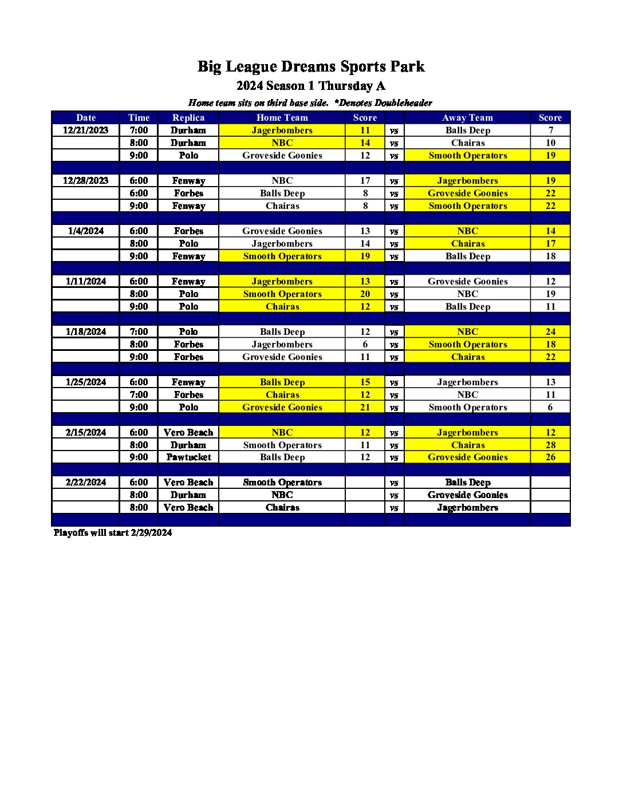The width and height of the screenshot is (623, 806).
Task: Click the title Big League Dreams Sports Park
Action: (311, 66)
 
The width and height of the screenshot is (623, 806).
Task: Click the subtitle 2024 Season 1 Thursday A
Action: (311, 86)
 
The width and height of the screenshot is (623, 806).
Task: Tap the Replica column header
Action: (188, 117)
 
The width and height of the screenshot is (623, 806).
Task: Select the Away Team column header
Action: (467, 117)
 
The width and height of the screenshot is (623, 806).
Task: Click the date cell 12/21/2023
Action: (86, 130)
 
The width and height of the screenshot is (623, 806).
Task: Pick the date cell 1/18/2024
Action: (86, 331)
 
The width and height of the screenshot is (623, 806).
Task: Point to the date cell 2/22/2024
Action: (86, 482)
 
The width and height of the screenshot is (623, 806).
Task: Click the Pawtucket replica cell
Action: (188, 457)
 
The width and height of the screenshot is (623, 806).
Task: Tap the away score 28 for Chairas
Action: (550, 445)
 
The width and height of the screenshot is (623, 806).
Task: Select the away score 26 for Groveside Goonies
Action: (550, 457)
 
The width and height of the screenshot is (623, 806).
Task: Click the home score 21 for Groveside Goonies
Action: (365, 407)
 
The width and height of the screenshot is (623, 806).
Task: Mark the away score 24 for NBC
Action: (550, 331)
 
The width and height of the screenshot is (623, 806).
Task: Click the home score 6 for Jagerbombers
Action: (365, 344)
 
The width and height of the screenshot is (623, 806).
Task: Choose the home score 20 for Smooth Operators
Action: (365, 294)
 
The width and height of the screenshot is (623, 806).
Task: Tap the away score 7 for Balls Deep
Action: (550, 130)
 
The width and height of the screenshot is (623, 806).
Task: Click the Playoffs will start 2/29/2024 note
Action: (113, 532)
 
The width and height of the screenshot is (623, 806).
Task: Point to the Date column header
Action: (86, 117)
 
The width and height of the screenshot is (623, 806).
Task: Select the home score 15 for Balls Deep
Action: (365, 382)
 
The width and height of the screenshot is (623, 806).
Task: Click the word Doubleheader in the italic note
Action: (403, 103)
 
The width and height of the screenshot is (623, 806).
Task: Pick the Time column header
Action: (139, 117)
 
